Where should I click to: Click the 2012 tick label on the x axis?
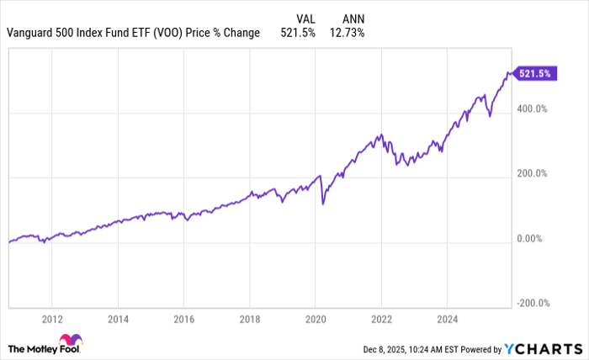(x=51, y=320)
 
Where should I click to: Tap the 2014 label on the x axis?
(x=118, y=320)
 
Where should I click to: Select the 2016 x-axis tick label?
(x=184, y=320)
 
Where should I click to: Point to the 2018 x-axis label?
(x=251, y=320)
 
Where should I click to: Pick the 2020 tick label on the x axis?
(x=316, y=320)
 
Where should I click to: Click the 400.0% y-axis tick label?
(x=532, y=109)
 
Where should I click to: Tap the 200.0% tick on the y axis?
(x=532, y=174)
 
